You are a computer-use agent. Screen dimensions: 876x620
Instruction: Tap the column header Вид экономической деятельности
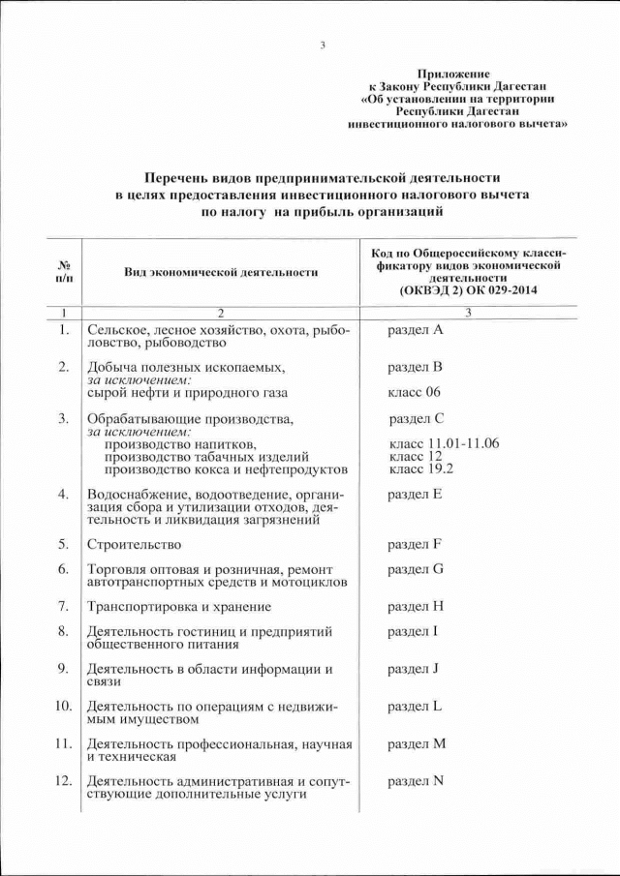pos(221,272)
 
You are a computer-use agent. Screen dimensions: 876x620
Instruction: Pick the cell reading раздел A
pos(415,331)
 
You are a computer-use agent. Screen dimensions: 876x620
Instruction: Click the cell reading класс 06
pos(414,393)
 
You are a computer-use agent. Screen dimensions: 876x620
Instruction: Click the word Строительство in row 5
pos(134,544)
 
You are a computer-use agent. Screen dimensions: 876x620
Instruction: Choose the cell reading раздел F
pos(415,544)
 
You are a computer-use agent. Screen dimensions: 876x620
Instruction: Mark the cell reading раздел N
pos(416,781)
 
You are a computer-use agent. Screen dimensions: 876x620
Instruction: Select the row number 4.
pos(63,495)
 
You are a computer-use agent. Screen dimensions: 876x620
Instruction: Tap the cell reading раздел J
pos(414,669)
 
